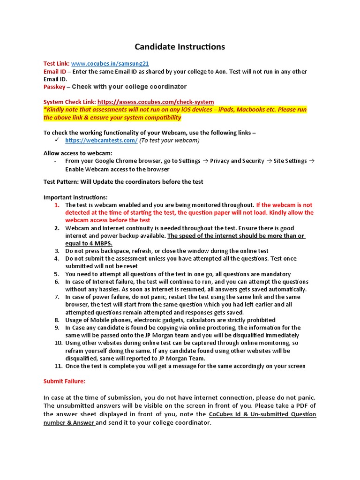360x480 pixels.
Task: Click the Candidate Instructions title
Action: pos(180,47)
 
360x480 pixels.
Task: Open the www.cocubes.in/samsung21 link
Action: pos(110,64)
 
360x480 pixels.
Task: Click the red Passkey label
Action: pos(54,87)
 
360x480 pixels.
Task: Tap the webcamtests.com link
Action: pos(101,140)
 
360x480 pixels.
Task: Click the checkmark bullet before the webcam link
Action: pos(56,140)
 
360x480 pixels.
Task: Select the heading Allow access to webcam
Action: pos(78,153)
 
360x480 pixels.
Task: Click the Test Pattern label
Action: pos(61,182)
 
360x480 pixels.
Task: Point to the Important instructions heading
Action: pos(75,197)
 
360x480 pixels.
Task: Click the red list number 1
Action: pos(56,205)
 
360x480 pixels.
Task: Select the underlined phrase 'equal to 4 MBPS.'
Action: pos(89,243)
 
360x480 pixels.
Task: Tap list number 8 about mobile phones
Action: pos(56,320)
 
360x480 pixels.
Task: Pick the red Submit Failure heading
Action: pos(64,382)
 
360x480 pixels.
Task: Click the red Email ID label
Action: pos(55,72)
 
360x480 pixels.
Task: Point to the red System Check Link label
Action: pos(69,102)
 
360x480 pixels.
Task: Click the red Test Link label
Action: pos(56,64)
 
